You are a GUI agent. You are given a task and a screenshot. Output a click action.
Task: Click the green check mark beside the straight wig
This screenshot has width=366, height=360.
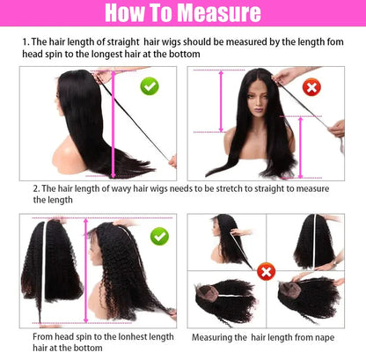click(149, 86)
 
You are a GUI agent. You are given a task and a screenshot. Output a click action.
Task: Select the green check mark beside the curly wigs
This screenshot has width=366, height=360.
click(159, 236)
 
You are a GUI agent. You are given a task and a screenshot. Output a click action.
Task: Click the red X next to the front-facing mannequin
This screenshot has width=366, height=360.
click(311, 87)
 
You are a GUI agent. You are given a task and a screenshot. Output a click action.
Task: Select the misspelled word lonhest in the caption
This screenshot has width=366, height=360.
click(126, 335)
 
